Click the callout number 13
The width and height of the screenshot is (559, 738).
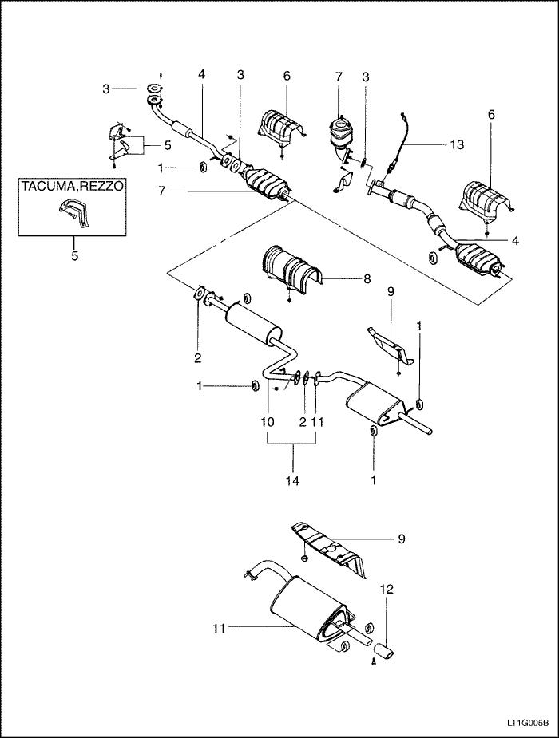pos(456,144)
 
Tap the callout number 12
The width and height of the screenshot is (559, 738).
pos(387,589)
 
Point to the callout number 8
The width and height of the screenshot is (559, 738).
pos(367,279)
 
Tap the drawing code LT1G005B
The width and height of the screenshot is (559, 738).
pos(527,724)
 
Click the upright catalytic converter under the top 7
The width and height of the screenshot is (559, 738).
pos(343,134)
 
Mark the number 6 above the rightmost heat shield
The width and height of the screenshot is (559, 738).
pos(491,114)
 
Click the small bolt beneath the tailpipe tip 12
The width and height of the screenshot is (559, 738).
pos(373,661)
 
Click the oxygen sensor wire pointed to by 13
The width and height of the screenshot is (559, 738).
pos(401,139)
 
